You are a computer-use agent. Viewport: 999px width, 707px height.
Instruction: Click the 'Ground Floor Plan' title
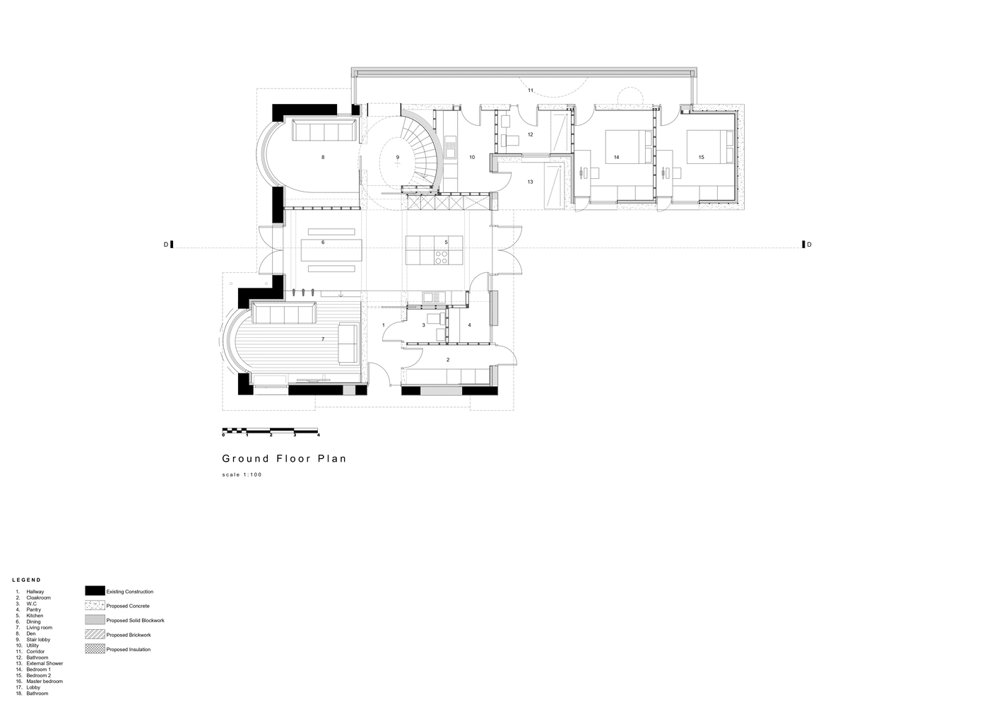click(284, 459)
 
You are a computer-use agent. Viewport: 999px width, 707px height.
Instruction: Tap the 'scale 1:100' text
click(242, 475)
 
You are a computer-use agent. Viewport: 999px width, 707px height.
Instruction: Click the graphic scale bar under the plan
click(271, 431)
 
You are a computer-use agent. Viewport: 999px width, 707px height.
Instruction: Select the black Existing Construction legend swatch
click(95, 591)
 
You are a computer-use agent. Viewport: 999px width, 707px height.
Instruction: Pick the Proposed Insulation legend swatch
click(95, 649)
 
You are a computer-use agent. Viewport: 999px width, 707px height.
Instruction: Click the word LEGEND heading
click(26, 580)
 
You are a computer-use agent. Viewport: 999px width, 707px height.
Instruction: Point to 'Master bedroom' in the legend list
click(45, 682)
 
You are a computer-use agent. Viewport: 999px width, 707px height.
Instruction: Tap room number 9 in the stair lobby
click(398, 157)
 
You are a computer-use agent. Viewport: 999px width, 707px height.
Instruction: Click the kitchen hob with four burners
click(442, 257)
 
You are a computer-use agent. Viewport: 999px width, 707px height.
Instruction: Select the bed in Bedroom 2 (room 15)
click(710, 146)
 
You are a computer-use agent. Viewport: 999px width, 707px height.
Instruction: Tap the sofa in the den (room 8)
click(324, 130)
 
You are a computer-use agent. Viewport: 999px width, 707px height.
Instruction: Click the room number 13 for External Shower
click(531, 182)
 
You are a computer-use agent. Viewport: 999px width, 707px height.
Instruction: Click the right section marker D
click(807, 245)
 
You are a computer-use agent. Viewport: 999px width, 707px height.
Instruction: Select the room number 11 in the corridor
click(531, 90)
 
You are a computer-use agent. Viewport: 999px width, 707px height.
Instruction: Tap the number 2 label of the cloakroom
click(448, 360)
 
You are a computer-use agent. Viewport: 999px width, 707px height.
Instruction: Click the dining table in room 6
click(331, 250)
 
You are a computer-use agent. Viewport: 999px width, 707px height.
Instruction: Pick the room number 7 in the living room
click(323, 339)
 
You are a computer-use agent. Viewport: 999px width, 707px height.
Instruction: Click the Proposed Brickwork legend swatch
click(95, 634)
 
